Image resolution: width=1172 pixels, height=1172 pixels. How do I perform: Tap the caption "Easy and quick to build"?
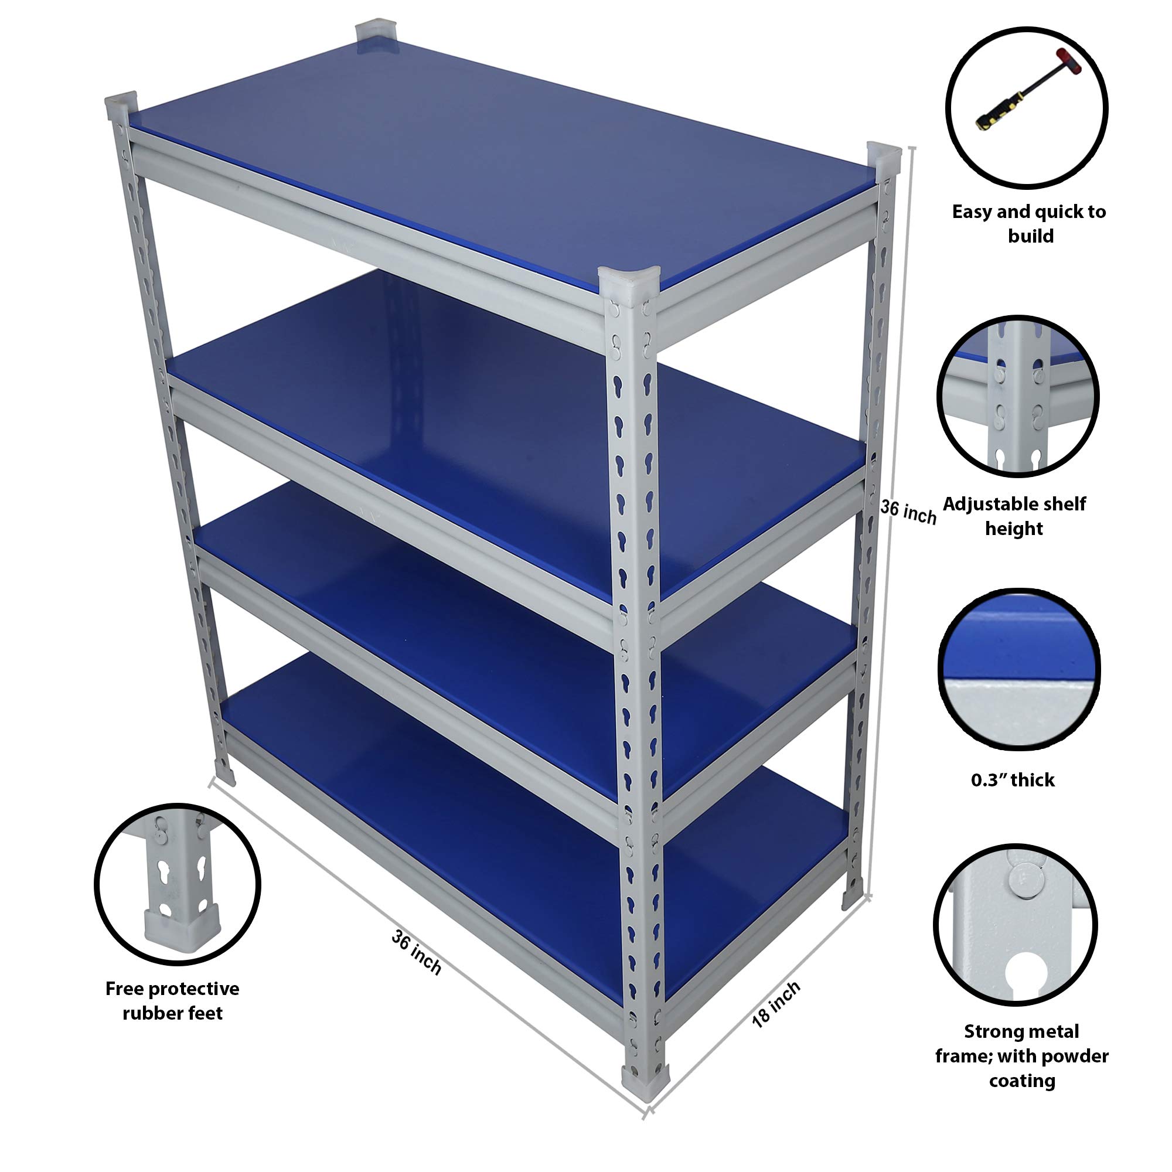pos(1029,223)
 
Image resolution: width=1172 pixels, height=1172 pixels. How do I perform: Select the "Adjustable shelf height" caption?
pos(1014,516)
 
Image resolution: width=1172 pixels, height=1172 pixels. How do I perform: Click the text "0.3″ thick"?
pos(1013,779)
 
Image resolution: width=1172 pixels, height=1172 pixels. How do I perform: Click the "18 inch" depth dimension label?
pos(776,1004)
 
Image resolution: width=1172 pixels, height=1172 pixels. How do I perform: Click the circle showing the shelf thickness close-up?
pos(1019,667)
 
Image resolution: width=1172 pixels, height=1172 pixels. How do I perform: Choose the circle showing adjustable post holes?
pos(1018,396)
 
